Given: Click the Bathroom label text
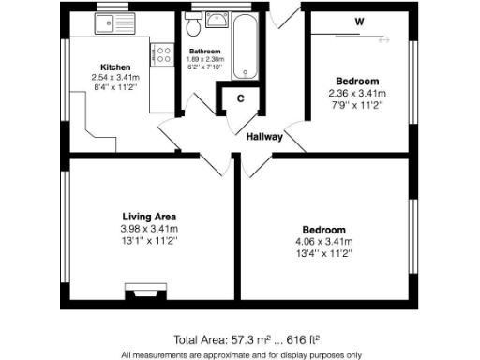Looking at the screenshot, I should pos(204,51).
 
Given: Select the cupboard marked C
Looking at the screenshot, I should pos(240,98).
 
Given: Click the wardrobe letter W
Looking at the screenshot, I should pos(359,20).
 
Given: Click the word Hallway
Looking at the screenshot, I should pos(264,137).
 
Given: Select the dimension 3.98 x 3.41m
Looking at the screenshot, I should pos(150,230).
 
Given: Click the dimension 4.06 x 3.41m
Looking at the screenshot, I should pos(323,242).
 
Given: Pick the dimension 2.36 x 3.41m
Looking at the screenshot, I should pos(357,94).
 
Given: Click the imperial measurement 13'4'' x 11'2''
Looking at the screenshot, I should pos(323,254).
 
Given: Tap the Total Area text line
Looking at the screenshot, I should pos(240,338).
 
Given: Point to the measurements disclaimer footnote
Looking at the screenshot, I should pos(240,354).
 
